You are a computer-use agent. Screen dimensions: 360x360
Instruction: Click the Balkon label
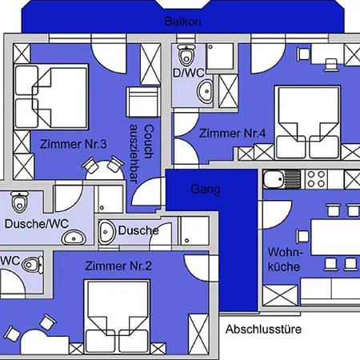[183, 22]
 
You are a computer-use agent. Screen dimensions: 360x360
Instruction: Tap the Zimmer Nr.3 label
[74, 144]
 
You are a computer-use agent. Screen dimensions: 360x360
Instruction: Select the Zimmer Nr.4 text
[232, 134]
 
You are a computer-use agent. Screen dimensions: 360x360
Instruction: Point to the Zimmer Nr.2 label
[118, 266]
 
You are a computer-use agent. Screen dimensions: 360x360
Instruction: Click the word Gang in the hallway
[206, 190]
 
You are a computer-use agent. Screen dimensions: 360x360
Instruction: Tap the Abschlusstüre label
[263, 330]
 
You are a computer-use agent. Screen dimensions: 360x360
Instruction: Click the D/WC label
[189, 73]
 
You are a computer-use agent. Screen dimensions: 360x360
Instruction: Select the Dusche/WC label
[37, 224]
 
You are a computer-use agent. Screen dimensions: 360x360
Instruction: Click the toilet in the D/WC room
[186, 54]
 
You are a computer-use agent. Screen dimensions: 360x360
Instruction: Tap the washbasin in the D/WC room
[205, 91]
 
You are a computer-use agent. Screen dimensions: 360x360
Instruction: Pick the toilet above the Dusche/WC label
[19, 202]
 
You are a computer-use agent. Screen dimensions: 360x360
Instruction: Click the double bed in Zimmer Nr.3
[51, 97]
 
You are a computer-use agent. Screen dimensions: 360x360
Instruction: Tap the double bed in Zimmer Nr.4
[308, 122]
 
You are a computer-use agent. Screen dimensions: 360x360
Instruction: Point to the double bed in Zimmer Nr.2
[117, 317]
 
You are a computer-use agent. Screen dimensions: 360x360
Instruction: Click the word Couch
[149, 142]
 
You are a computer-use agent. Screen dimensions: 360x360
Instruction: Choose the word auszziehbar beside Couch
[134, 154]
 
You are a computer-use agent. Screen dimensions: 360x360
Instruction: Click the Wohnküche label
[285, 259]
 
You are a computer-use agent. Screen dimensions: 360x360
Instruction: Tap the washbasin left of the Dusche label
[106, 232]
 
